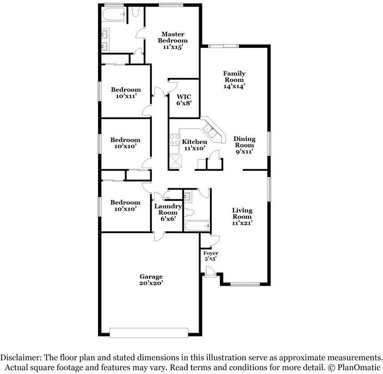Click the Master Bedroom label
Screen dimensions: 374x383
point(172,41)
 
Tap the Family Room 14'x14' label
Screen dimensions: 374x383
point(234,79)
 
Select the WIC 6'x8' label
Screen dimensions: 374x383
point(183,100)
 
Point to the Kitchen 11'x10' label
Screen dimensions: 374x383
point(194,145)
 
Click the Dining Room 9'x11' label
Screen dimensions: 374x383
point(244,145)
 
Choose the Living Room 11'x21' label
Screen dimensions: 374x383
point(242,216)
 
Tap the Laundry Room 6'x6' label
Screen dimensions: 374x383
point(168,212)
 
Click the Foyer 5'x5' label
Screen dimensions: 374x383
point(210,256)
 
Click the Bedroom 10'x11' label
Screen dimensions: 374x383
point(126,93)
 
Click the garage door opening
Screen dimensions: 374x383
point(149,332)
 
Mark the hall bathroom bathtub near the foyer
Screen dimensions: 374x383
point(196,225)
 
